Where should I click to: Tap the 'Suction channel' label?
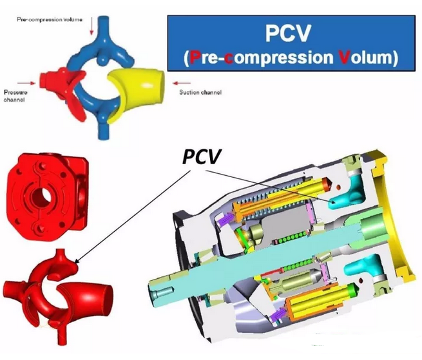pyautogui.click(x=200, y=92)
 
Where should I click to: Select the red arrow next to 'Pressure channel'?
pyautogui.click(x=28, y=82)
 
